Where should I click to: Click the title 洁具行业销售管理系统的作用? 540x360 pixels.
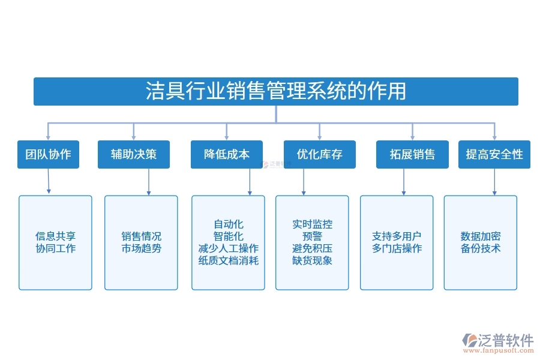[275, 91]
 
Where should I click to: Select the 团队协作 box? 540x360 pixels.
[48, 154]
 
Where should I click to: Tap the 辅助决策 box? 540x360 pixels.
[133, 154]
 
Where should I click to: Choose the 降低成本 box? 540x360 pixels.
[226, 154]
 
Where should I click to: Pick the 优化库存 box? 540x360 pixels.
[319, 154]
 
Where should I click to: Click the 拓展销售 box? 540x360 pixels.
[412, 154]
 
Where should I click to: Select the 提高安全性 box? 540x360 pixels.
[494, 154]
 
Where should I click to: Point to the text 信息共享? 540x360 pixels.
[55, 236]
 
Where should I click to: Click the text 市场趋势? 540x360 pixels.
[141, 248]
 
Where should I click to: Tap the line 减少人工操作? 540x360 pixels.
[228, 248]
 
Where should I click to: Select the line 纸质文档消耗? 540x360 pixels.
[228, 260]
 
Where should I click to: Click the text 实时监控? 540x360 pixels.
[312, 224]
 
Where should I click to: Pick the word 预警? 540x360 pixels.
[312, 236]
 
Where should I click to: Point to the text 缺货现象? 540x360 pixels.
[312, 260]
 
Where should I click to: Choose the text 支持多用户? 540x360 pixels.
[397, 236]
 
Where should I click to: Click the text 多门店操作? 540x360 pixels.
[397, 248]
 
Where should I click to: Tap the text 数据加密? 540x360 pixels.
[481, 236]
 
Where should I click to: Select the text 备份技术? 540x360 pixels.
[481, 248]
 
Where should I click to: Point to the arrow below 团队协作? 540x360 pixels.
[48, 181]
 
